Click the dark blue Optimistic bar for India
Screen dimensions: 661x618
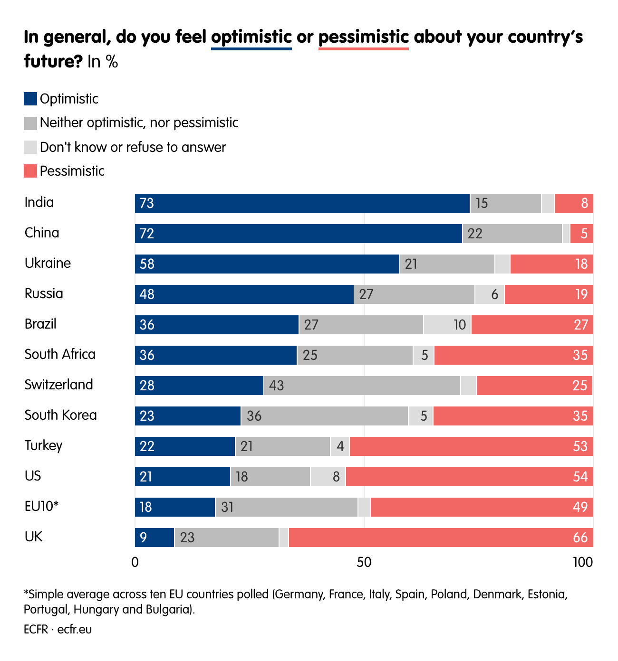coord(302,203)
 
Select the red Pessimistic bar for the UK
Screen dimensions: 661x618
coord(441,538)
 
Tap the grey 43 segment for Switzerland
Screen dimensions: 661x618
coord(362,386)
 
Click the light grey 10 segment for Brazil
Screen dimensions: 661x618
coord(447,325)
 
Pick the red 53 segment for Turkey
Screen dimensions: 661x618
coord(471,446)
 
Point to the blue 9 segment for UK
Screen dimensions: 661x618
coord(154,538)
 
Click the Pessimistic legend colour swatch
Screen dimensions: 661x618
coord(30,171)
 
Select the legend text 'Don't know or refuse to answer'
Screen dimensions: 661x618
coord(133,147)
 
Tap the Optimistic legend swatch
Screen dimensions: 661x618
coord(30,99)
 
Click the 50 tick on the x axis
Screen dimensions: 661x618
coord(364,562)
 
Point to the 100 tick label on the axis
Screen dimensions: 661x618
coord(582,562)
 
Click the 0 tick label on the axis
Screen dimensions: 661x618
coord(135,562)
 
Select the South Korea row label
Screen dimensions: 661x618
coord(60,415)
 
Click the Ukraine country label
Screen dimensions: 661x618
coord(48,263)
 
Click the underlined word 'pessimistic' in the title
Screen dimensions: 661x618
coord(363,37)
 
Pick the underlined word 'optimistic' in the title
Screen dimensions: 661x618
coord(251,37)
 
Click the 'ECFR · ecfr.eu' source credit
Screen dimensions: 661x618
coord(58,629)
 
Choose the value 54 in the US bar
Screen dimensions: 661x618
coord(580,477)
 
